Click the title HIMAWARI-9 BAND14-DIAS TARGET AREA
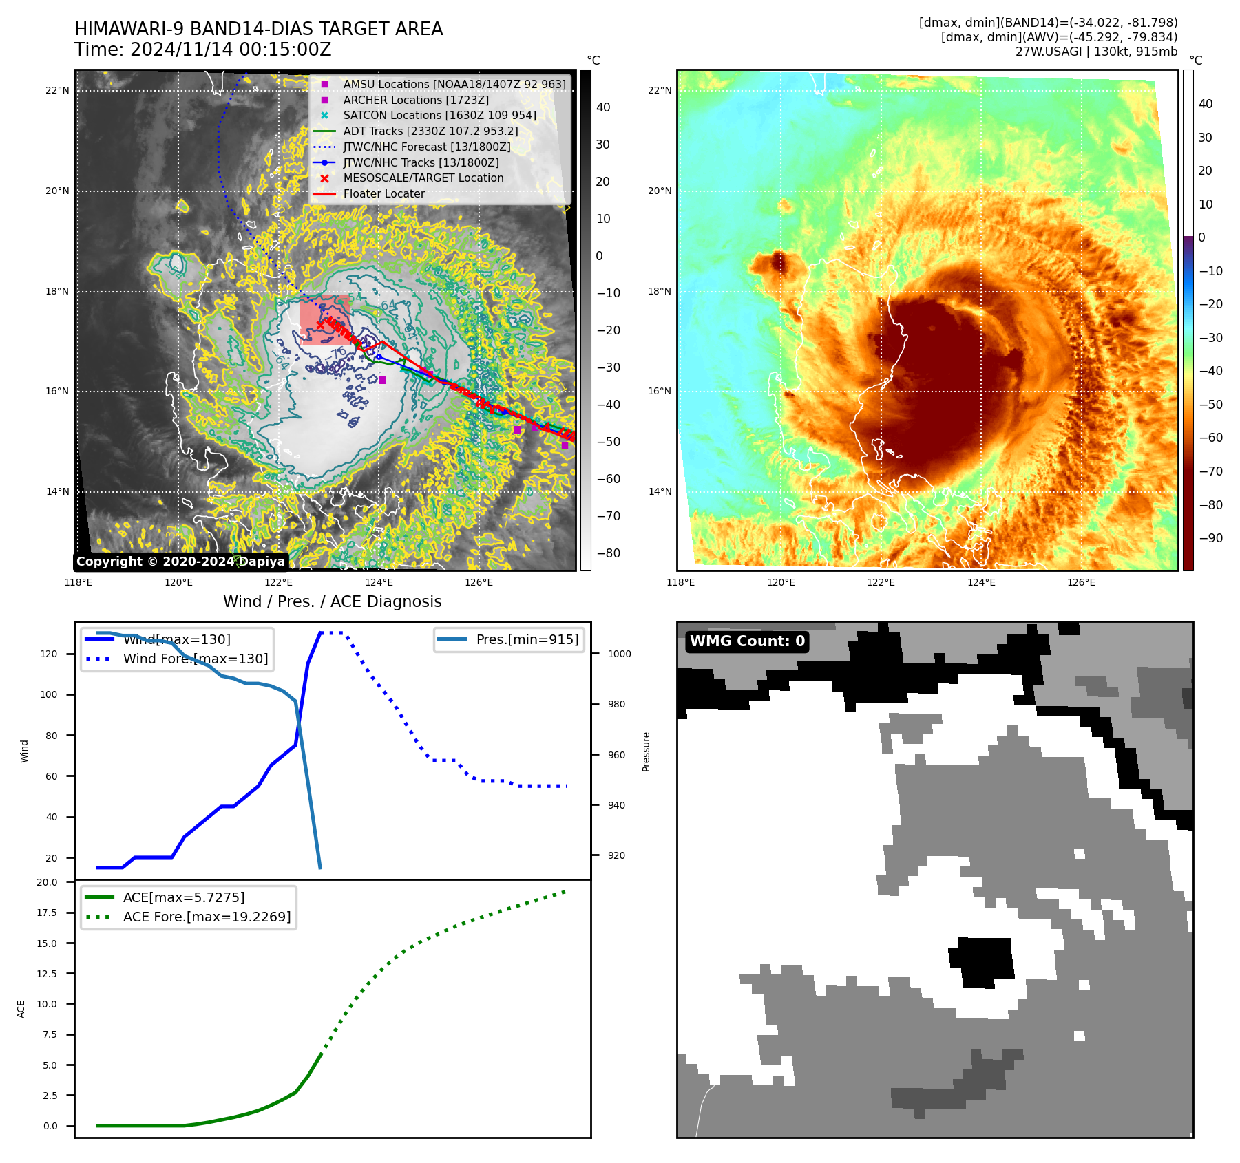coord(258,29)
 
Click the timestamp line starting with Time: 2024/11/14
coord(203,50)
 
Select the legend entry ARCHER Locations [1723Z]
coord(416,100)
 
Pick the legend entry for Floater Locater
coord(383,193)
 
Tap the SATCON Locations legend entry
coord(439,115)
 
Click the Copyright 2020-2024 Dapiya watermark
coord(180,562)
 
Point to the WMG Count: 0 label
coord(747,641)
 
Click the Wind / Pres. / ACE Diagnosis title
coord(332,601)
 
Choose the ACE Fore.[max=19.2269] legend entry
coord(207,917)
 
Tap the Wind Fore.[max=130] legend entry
coord(196,659)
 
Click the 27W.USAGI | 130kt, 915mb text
coord(1096,52)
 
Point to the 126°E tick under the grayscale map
coord(479,582)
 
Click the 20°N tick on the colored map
coord(660,191)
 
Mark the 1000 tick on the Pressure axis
coord(619,654)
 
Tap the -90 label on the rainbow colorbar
coord(1210,537)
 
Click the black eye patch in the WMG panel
coord(983,961)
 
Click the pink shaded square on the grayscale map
coord(324,320)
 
